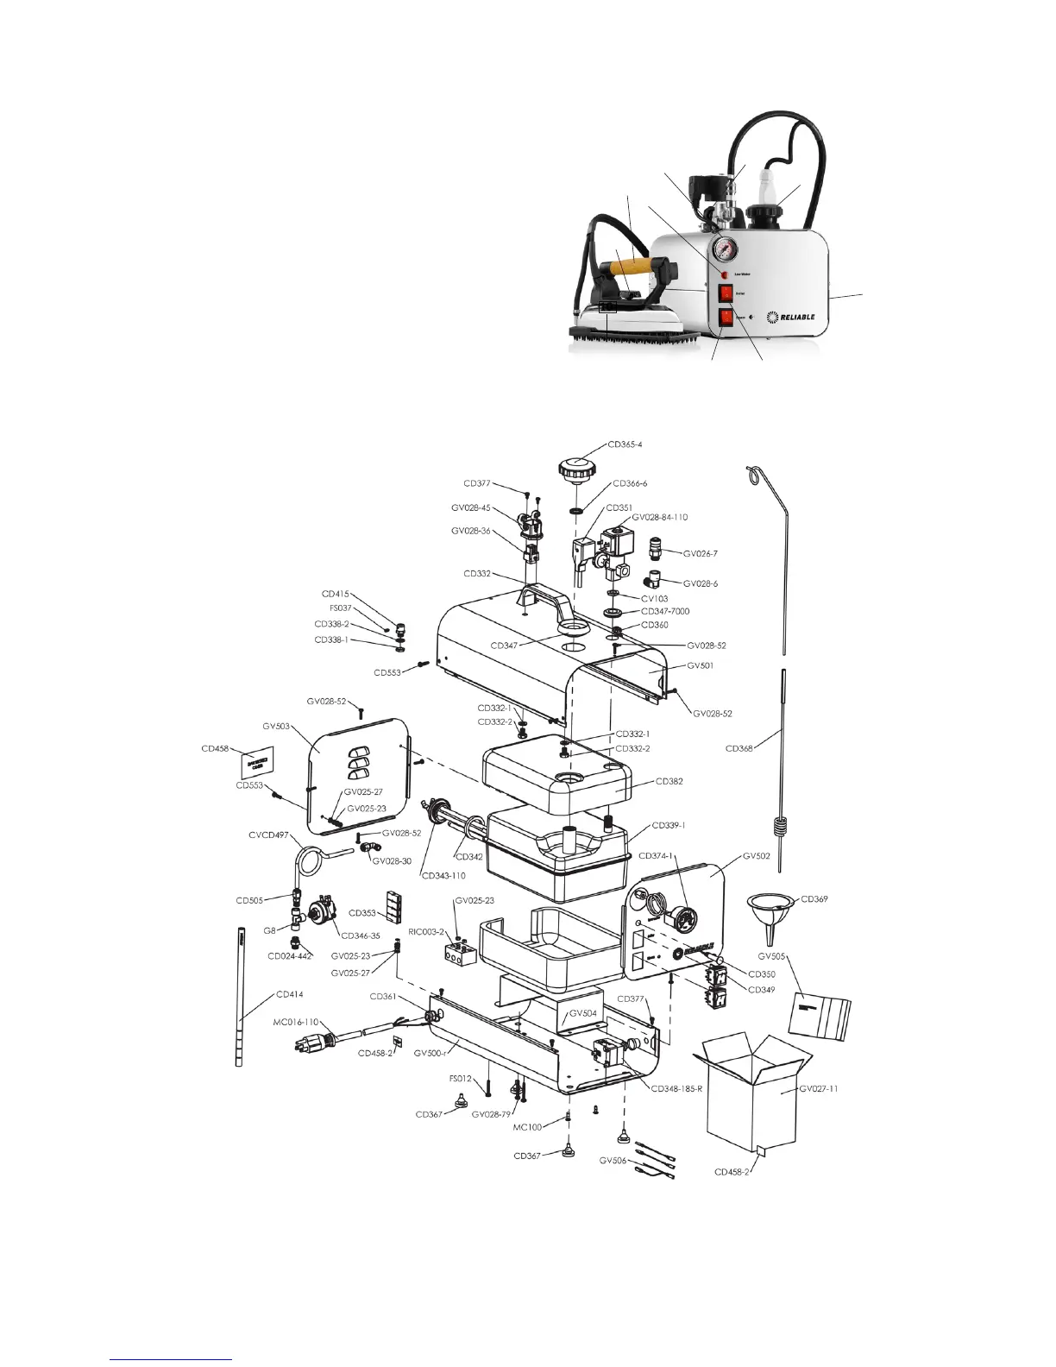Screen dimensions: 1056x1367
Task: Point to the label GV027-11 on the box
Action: [818, 1089]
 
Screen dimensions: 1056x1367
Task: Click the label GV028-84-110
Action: [660, 517]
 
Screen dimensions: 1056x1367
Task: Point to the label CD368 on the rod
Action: [740, 748]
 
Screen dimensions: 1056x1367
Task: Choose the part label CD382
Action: [669, 781]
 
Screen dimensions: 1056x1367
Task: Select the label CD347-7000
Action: [665, 611]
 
